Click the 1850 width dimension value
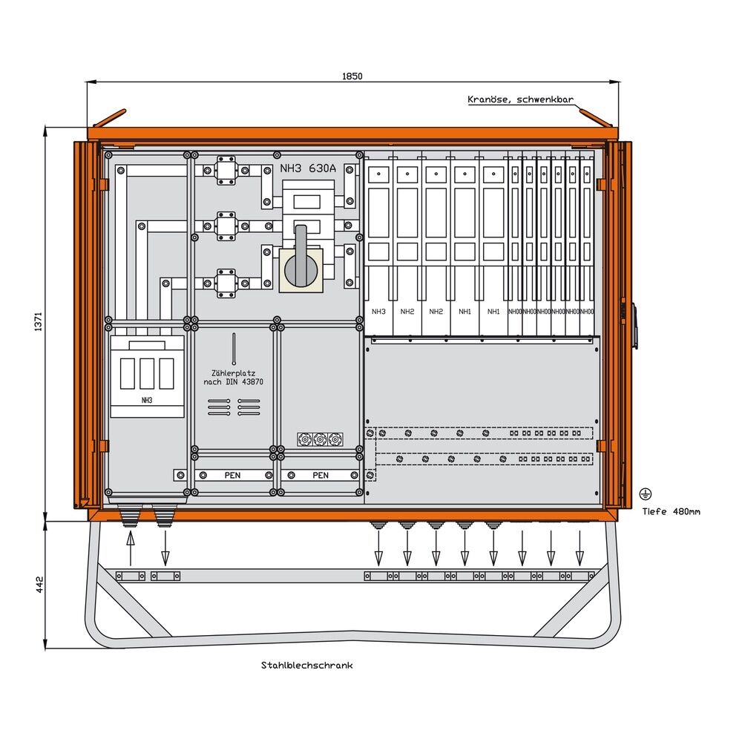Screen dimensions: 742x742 point(352,76)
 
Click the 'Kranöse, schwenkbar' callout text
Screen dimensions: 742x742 point(520,99)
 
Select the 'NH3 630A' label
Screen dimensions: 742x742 point(308,168)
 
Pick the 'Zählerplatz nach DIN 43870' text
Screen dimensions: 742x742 point(234,377)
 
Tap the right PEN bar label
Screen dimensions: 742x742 point(321,475)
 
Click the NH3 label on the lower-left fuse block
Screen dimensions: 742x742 point(146,401)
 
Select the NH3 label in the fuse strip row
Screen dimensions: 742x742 point(378,312)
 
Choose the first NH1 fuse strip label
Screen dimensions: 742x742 point(465,312)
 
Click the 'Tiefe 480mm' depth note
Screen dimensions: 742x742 point(671,511)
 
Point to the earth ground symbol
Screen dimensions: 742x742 point(645,493)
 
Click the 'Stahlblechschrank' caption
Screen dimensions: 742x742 point(306,666)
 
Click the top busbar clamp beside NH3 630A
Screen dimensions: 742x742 point(226,169)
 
